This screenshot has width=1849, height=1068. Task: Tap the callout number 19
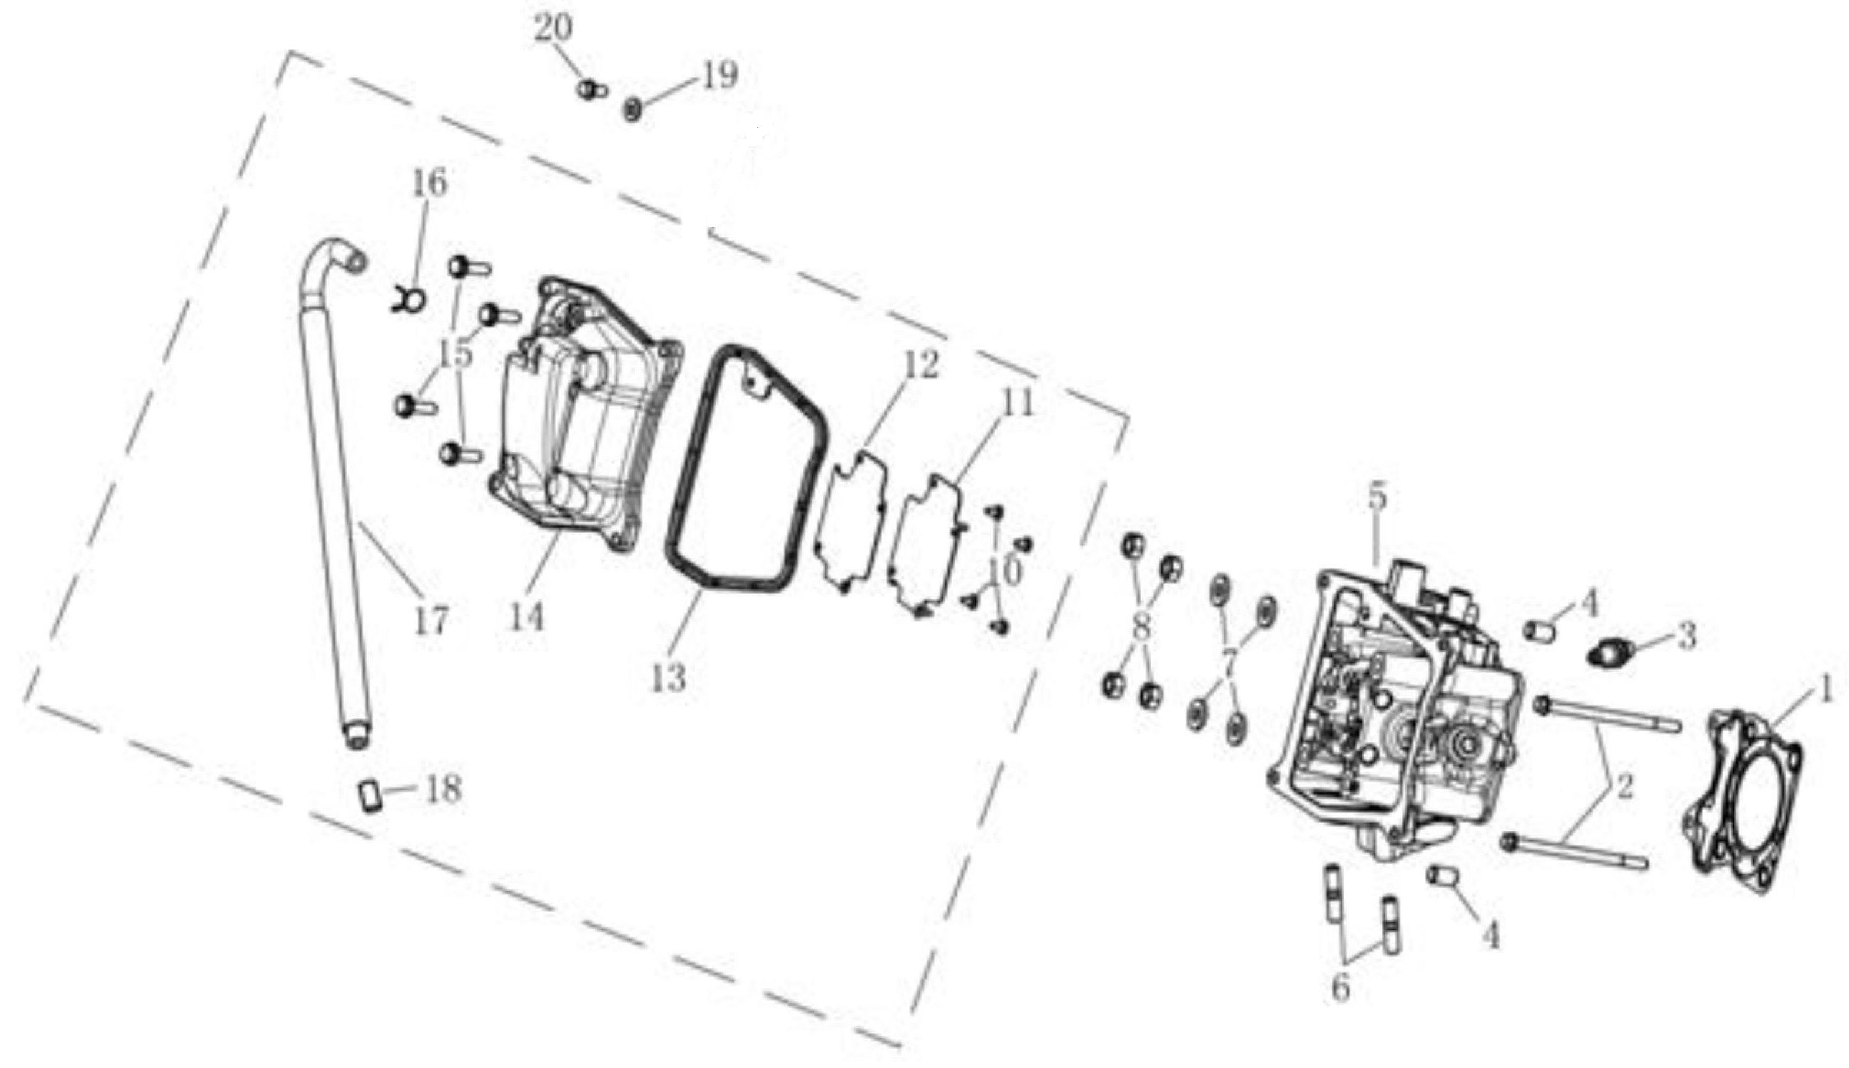pyautogui.click(x=719, y=75)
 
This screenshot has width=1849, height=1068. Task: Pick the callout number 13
pyautogui.click(x=668, y=678)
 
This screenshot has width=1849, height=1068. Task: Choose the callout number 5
pyautogui.click(x=1377, y=498)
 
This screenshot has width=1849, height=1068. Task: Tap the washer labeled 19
pyautogui.click(x=632, y=111)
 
